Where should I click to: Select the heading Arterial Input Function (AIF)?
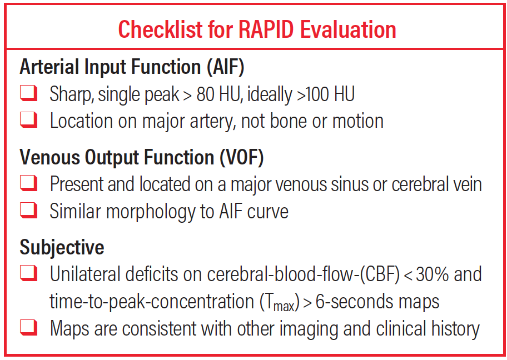(132, 67)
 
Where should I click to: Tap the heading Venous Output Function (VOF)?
(141, 158)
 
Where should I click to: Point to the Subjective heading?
(62, 248)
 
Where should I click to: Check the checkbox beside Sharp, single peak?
(29, 94)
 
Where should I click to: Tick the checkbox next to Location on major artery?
(29, 121)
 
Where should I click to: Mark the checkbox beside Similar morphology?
(29, 212)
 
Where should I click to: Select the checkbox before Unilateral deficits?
(29, 274)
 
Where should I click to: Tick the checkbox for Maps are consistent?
(29, 329)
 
